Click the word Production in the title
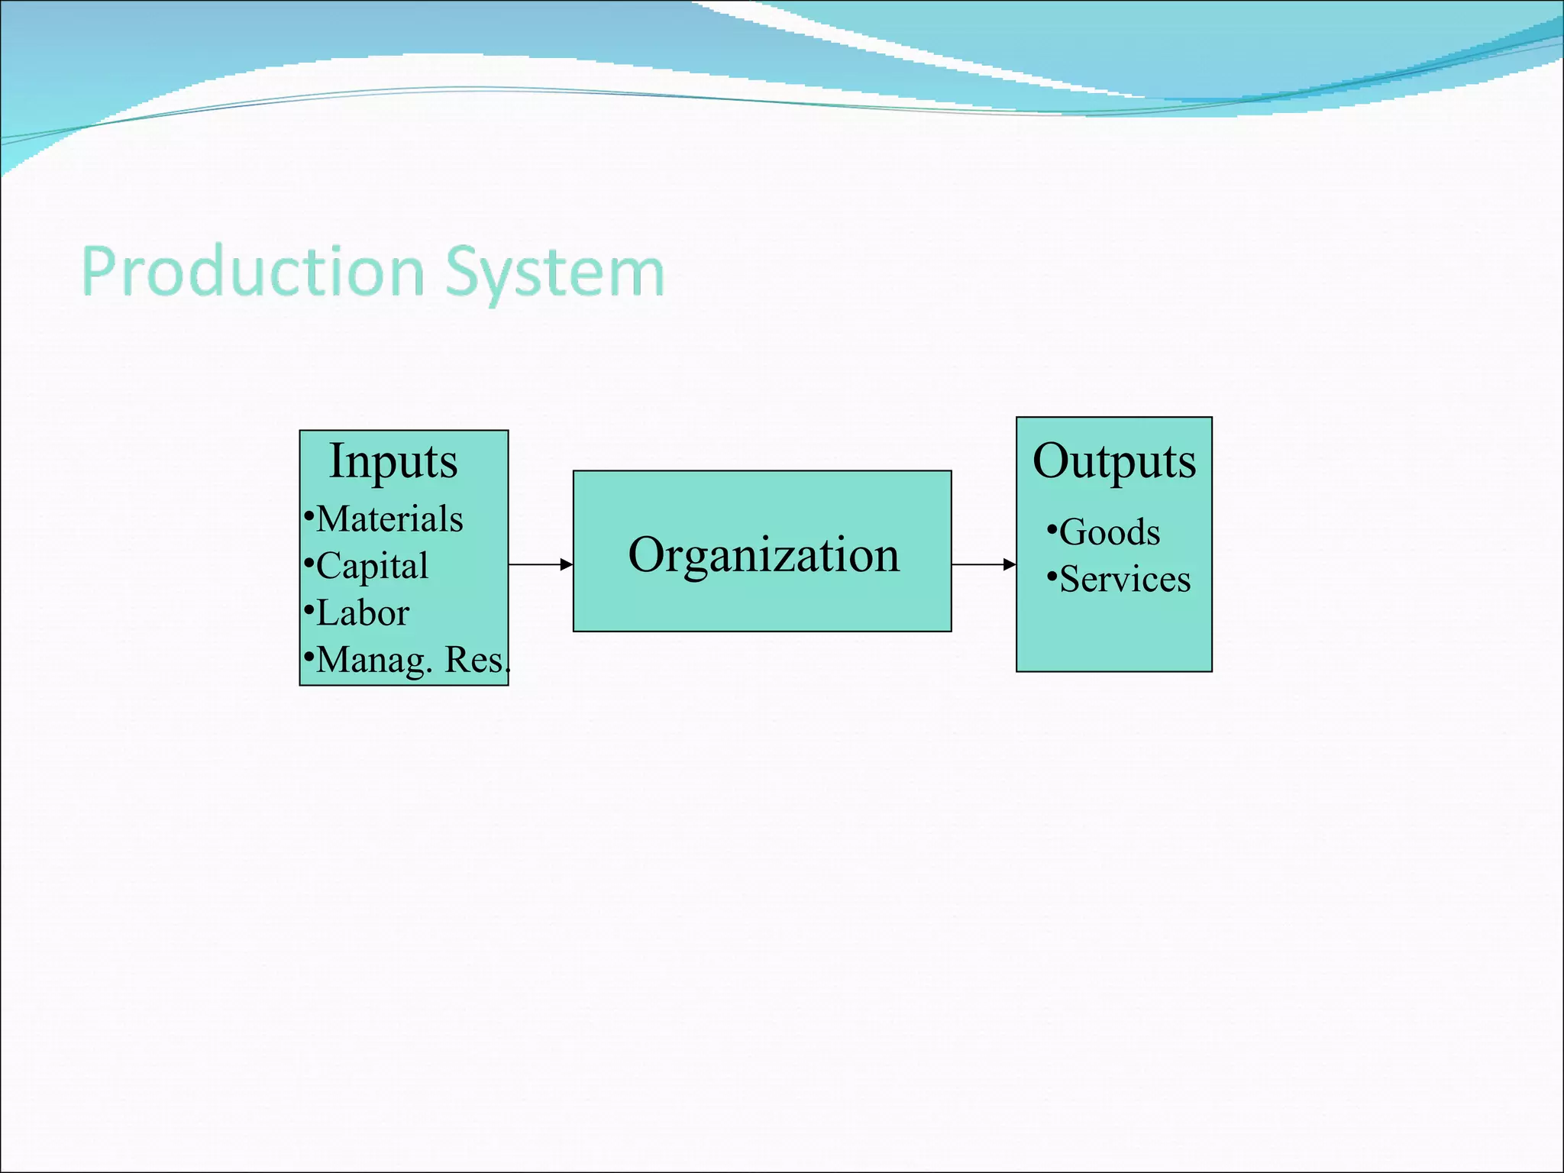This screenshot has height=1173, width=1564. (x=253, y=273)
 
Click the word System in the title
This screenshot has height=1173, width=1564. (x=554, y=273)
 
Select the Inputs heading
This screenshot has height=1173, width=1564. (x=393, y=461)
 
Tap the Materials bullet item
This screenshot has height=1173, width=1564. (x=389, y=519)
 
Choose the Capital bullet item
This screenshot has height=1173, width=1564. (x=372, y=566)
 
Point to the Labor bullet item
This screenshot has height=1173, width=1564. (x=363, y=613)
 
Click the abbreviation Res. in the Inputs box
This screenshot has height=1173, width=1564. (x=477, y=660)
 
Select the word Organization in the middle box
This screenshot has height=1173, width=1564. (x=763, y=554)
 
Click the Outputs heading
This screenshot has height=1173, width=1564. (x=1114, y=461)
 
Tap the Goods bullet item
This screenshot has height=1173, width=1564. (x=1110, y=532)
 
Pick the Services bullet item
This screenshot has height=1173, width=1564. (x=1125, y=580)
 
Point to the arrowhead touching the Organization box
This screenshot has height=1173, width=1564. (x=567, y=564)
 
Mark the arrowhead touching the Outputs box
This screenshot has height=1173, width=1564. (x=1010, y=564)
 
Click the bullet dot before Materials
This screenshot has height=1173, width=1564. (x=309, y=516)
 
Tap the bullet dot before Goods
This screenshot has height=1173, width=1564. (x=1052, y=528)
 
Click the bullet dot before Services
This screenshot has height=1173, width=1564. (x=1052, y=576)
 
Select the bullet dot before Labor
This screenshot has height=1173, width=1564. (x=309, y=610)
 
